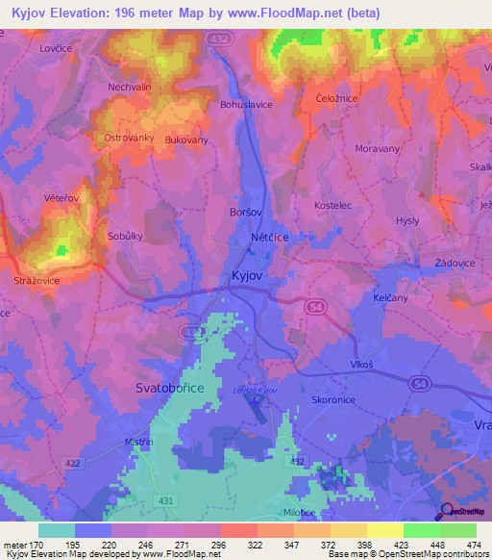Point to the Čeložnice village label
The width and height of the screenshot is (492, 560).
tap(337, 100)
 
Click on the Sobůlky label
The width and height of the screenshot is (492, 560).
tap(125, 236)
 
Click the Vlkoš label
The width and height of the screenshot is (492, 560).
tap(361, 365)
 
